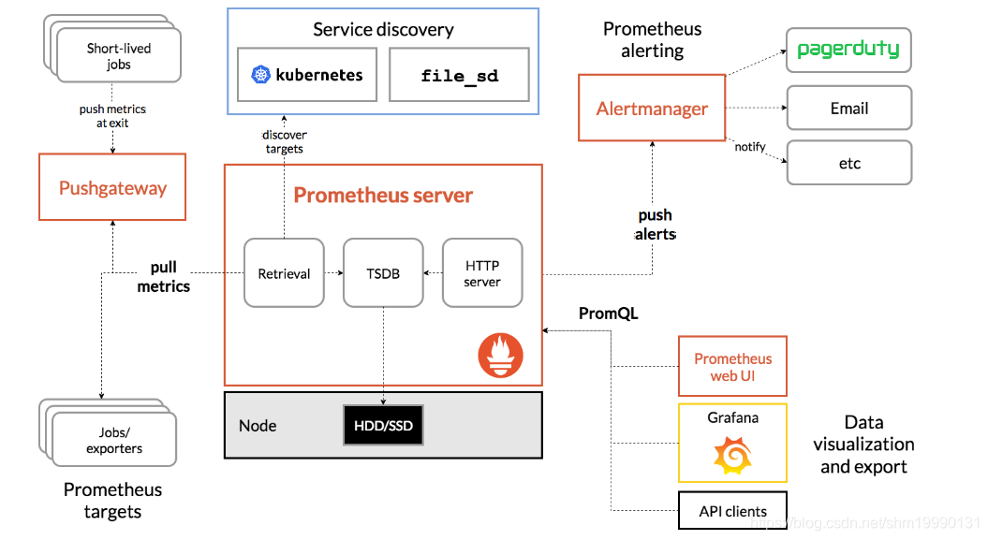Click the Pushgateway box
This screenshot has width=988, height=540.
112,188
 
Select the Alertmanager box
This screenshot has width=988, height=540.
652,109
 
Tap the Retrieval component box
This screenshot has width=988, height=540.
284,273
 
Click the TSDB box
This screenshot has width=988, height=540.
383,273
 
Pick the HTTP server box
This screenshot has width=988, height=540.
482,273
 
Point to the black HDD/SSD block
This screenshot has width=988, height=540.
383,426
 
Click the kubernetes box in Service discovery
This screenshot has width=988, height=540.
307,75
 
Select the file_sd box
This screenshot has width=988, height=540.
459,75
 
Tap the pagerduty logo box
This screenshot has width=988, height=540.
848,50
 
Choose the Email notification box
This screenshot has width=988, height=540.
848,108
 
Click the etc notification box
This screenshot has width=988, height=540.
848,163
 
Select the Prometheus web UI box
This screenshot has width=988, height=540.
732,367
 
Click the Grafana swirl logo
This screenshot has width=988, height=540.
732,455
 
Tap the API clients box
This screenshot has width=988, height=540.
732,511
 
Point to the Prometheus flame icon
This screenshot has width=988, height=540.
500,356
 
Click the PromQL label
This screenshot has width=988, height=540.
608,314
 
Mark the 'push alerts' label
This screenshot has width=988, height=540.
656,225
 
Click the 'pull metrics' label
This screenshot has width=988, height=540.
164,277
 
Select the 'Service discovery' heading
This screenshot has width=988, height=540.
383,29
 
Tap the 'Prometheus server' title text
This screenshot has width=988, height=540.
383,195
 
